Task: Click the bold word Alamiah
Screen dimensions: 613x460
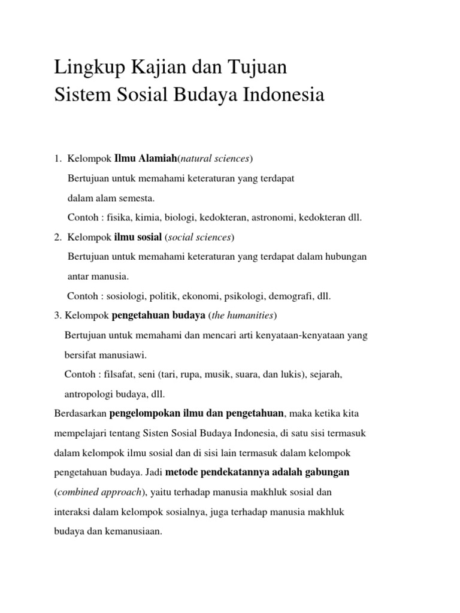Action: (158, 159)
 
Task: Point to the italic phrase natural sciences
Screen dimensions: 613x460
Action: (215, 159)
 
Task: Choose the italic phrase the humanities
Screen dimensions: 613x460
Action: (241, 315)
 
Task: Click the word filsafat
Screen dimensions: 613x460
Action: (122, 374)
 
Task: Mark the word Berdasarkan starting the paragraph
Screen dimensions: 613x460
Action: (80, 414)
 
